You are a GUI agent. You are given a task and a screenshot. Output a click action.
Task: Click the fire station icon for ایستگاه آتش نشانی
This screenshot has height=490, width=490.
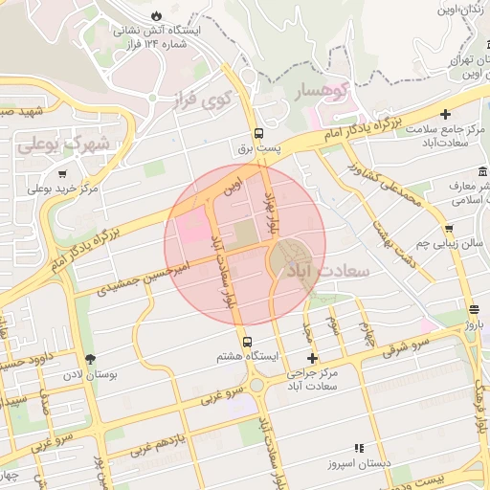(156, 16)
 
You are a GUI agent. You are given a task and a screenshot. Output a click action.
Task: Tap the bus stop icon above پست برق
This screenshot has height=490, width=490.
(258, 134)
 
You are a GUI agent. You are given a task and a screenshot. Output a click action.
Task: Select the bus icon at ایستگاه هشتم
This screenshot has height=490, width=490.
(248, 342)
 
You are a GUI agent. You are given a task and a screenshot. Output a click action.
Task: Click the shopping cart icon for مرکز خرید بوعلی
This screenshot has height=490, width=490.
(63, 174)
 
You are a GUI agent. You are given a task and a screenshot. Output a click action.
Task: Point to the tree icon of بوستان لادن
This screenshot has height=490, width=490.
(91, 360)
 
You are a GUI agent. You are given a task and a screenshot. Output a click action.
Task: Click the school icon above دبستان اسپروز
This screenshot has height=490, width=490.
(360, 447)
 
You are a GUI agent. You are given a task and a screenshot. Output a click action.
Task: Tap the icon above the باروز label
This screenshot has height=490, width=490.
(475, 309)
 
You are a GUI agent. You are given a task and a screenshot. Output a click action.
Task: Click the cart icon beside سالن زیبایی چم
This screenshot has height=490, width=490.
(449, 228)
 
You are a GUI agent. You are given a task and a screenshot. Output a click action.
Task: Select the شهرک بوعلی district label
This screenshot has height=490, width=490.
(63, 146)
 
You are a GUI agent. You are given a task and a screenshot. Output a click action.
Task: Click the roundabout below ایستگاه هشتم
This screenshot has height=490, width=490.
(256, 387)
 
